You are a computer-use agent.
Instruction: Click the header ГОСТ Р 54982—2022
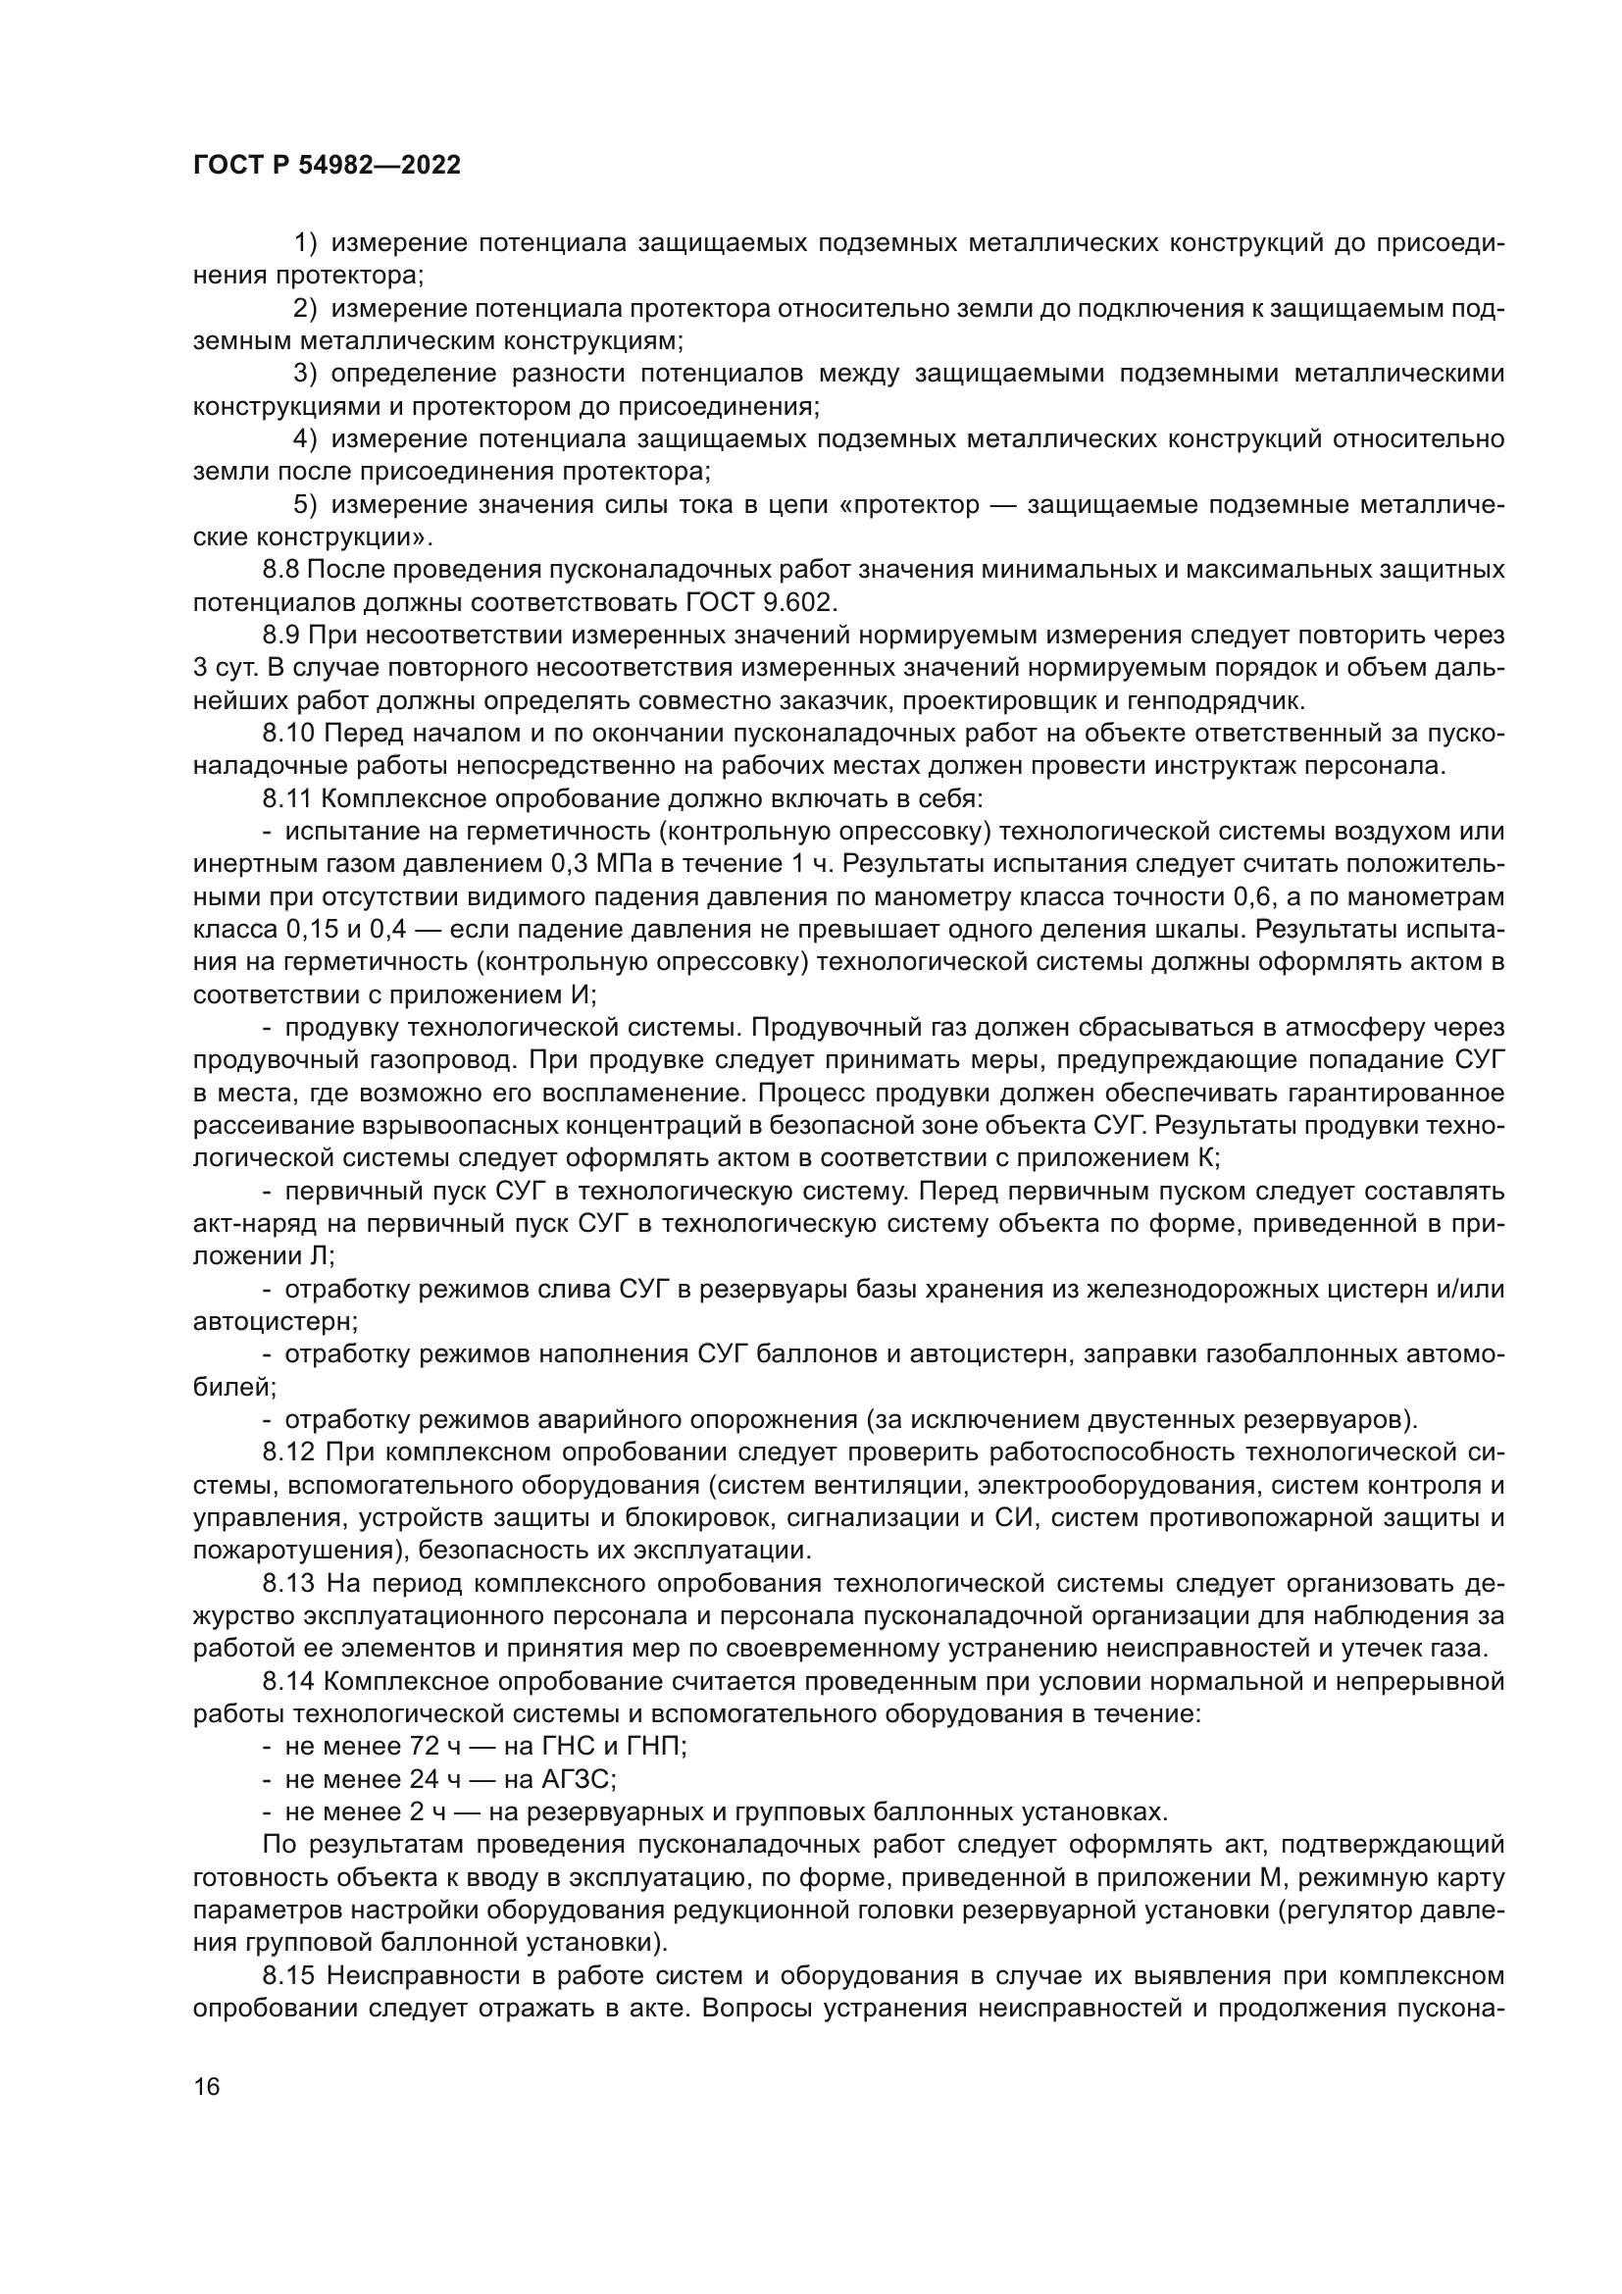click(327, 166)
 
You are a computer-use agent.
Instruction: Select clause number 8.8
click(280, 571)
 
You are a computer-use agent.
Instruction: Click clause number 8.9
click(280, 636)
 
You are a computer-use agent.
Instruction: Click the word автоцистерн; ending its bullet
click(276, 1322)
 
